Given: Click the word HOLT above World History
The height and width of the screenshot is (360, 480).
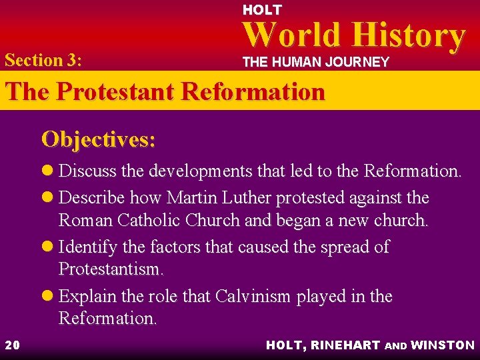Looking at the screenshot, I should point(262,10).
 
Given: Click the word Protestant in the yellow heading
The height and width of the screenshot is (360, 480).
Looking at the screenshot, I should point(121,91).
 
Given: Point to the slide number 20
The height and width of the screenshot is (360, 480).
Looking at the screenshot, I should point(12,345).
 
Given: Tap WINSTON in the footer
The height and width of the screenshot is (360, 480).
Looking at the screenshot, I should point(443,345).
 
